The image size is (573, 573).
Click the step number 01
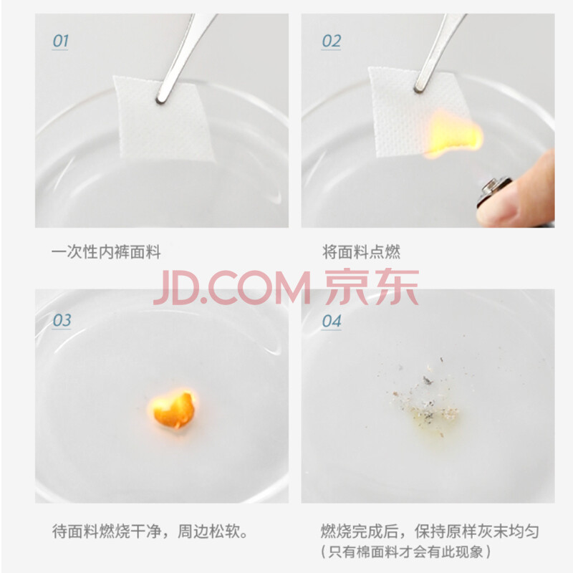pos(60,41)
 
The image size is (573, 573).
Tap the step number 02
pos(331,41)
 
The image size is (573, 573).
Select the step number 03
pos(62,320)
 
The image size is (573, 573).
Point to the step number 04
pos(331,321)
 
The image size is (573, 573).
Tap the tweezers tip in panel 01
pos(160,100)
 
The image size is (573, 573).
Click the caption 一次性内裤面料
pos(106,252)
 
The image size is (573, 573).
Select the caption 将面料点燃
pos(361,252)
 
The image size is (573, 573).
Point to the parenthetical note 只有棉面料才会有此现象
pos(405,552)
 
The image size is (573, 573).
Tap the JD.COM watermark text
pos(232,288)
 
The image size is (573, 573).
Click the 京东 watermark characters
pos(372,287)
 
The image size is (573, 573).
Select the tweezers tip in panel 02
pos(419,88)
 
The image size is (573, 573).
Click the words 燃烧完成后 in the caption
pos(360,531)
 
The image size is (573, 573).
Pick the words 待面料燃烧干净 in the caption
pos(106,531)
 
